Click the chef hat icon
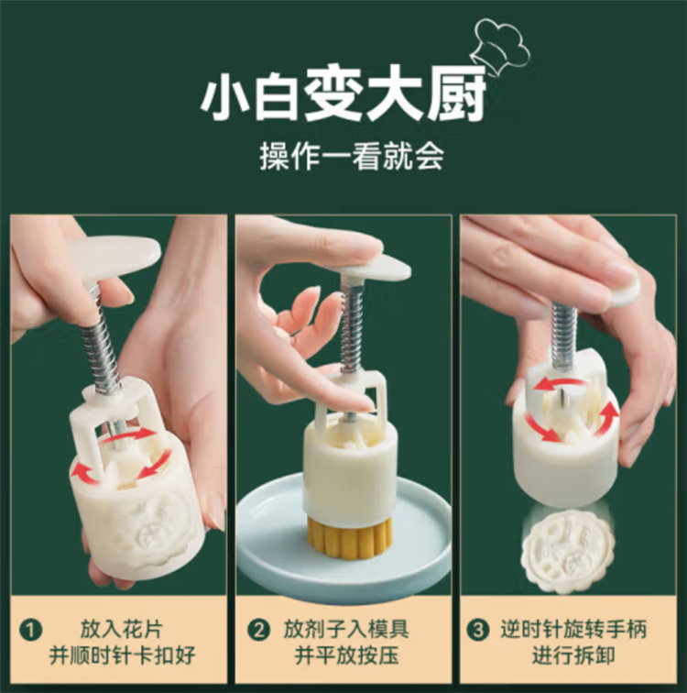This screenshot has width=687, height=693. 500,43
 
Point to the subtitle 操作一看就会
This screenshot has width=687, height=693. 352,157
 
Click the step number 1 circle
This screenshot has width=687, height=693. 31,630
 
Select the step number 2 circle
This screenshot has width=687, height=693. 258,630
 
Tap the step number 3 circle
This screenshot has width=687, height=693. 478,630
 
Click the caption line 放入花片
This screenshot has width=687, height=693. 122,629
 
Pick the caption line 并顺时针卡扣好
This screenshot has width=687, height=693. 122,654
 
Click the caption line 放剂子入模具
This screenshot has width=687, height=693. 346,629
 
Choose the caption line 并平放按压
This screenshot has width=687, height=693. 346,654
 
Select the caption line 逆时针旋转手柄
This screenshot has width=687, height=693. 573,629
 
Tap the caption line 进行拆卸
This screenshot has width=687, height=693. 573,654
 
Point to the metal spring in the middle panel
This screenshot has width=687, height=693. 352,329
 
